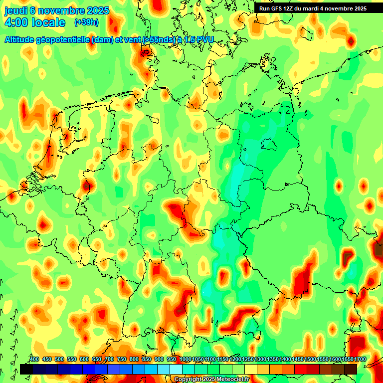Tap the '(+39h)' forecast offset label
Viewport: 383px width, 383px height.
point(86,22)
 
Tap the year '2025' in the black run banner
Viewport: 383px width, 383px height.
point(358,8)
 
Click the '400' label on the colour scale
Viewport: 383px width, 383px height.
point(34,360)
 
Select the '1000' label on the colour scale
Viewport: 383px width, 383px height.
point(185,360)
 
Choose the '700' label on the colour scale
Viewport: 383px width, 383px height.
point(109,360)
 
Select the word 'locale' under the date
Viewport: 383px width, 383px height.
point(48,22)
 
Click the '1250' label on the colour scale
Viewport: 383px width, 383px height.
point(247,360)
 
